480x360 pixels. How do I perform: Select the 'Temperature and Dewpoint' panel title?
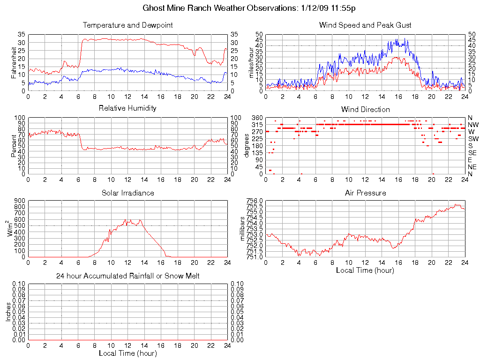click(127, 25)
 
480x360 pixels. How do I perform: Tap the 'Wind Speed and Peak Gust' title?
click(365, 25)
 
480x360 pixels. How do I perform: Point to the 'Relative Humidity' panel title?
click(127, 108)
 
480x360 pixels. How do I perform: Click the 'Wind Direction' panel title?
click(365, 109)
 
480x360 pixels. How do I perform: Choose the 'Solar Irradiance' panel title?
click(127, 193)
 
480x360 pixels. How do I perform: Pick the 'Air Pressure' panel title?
click(365, 193)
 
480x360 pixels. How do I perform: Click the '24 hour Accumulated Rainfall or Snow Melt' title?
click(127, 276)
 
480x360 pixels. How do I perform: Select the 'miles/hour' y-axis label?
click(251, 62)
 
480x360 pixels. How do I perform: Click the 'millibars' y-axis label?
click(243, 229)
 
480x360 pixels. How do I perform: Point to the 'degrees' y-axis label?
click(247, 146)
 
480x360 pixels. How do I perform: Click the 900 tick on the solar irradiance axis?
click(20, 201)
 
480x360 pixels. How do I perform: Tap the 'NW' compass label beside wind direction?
click(472, 125)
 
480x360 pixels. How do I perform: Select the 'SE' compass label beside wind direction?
click(472, 153)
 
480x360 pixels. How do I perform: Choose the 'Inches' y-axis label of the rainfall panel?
click(8, 312)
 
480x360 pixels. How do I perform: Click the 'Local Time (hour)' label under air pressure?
click(365, 270)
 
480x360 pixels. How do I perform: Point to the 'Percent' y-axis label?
click(14, 145)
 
